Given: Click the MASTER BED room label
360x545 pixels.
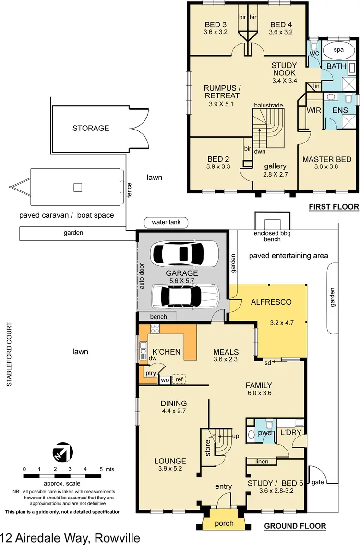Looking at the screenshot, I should (326, 159).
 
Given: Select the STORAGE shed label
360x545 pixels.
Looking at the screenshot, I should (91, 128).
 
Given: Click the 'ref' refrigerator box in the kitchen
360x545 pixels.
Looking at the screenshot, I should (179, 379).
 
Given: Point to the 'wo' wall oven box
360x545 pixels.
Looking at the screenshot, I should (165, 380).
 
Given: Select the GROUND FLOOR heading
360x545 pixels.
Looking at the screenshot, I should (295, 526).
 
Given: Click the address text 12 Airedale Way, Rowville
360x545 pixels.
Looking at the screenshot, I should (71, 537).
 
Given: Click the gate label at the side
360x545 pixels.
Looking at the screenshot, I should (318, 481).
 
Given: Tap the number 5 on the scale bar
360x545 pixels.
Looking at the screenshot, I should (101, 469).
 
